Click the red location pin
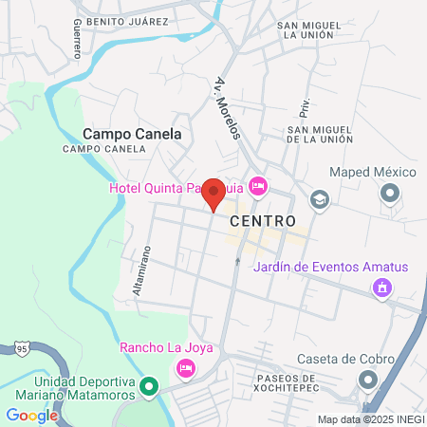point(214,194)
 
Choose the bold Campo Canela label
point(132,134)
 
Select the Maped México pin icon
point(390,195)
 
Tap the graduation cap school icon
point(320,199)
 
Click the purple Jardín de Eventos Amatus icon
point(382,287)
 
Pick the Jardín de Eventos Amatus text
point(330,267)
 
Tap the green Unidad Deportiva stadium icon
point(148,387)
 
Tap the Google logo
point(32,415)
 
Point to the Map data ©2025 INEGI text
point(370,419)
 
